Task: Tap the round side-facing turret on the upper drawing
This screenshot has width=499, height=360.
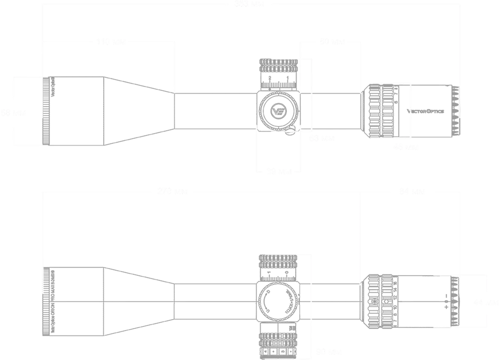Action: [277, 111]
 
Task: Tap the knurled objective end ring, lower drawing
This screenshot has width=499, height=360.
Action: [48, 301]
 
